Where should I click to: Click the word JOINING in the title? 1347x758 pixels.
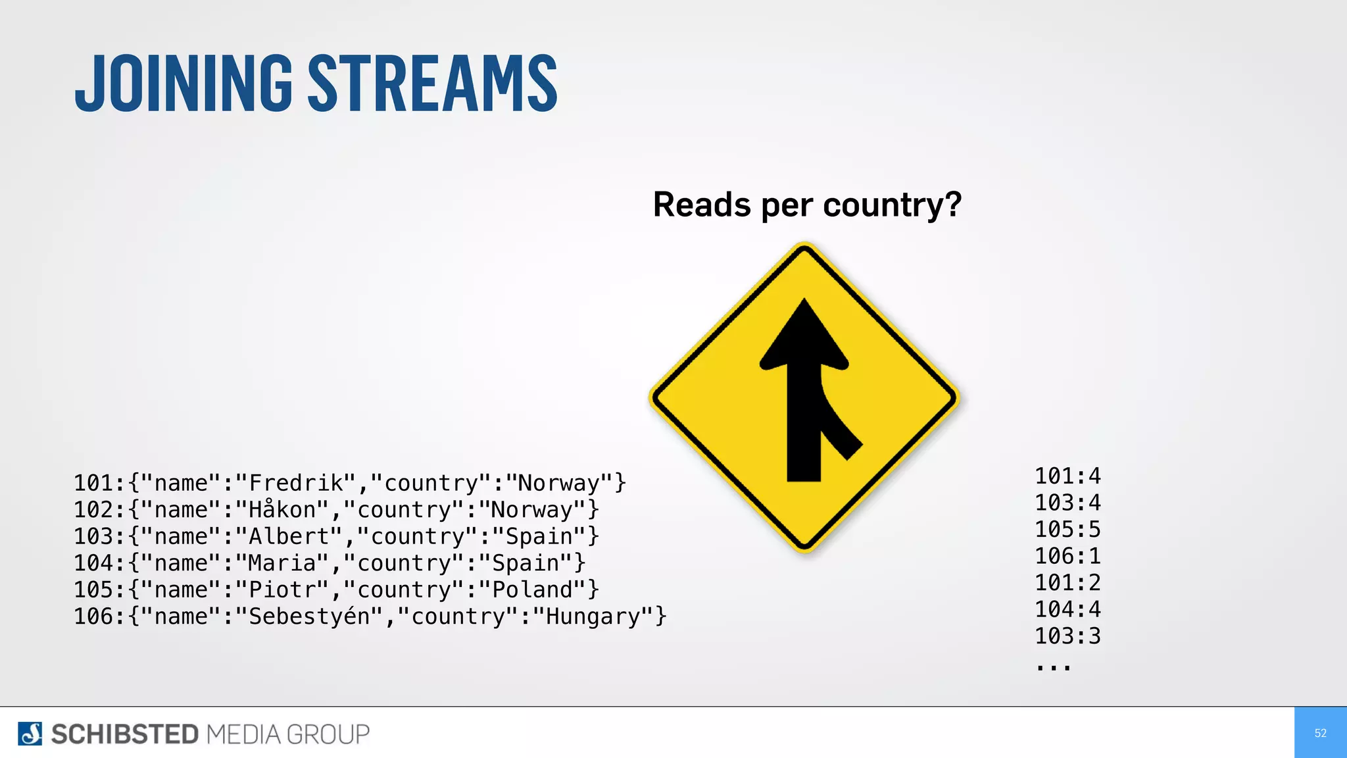(x=184, y=84)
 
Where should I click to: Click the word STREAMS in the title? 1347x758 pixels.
(x=433, y=84)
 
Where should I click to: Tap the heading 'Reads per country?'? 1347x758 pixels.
(x=807, y=205)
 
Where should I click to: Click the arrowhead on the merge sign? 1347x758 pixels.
(x=804, y=336)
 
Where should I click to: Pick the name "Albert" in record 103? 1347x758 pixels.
(x=289, y=537)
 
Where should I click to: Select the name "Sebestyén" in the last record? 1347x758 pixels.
(x=309, y=617)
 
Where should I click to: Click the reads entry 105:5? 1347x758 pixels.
(x=1067, y=530)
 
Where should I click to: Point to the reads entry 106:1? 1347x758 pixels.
(x=1067, y=557)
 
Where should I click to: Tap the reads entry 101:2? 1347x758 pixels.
(x=1067, y=583)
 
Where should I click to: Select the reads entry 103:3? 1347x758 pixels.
(x=1067, y=636)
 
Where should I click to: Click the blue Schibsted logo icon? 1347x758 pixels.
(x=30, y=734)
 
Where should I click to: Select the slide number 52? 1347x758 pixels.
(x=1320, y=733)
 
